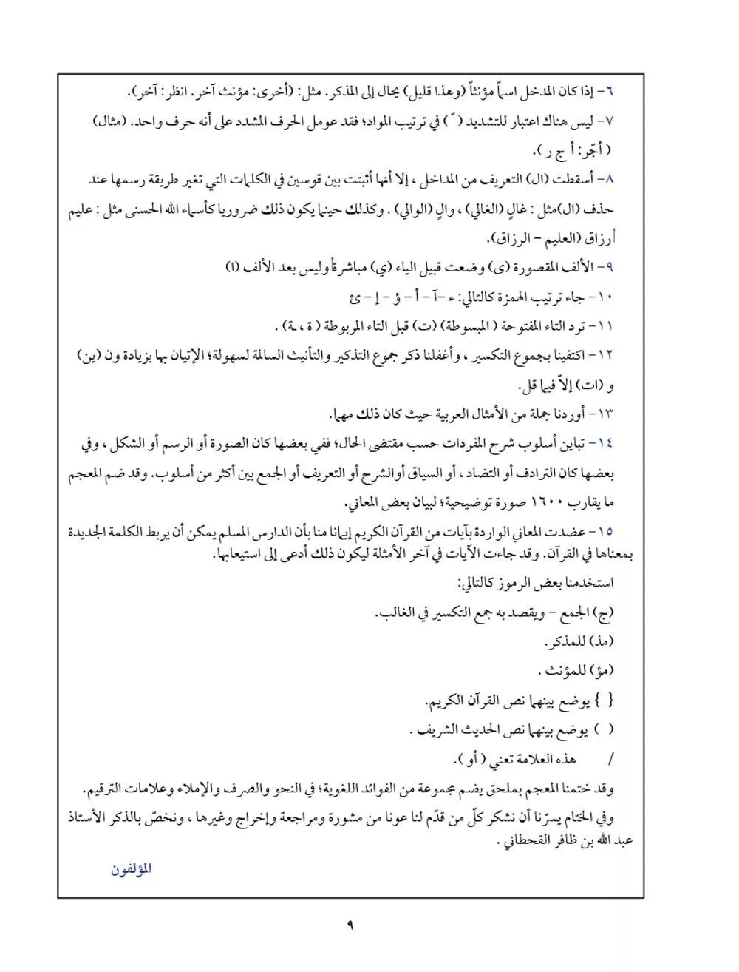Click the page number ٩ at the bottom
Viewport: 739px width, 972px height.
(350, 925)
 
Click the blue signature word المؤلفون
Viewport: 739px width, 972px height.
(132, 868)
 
